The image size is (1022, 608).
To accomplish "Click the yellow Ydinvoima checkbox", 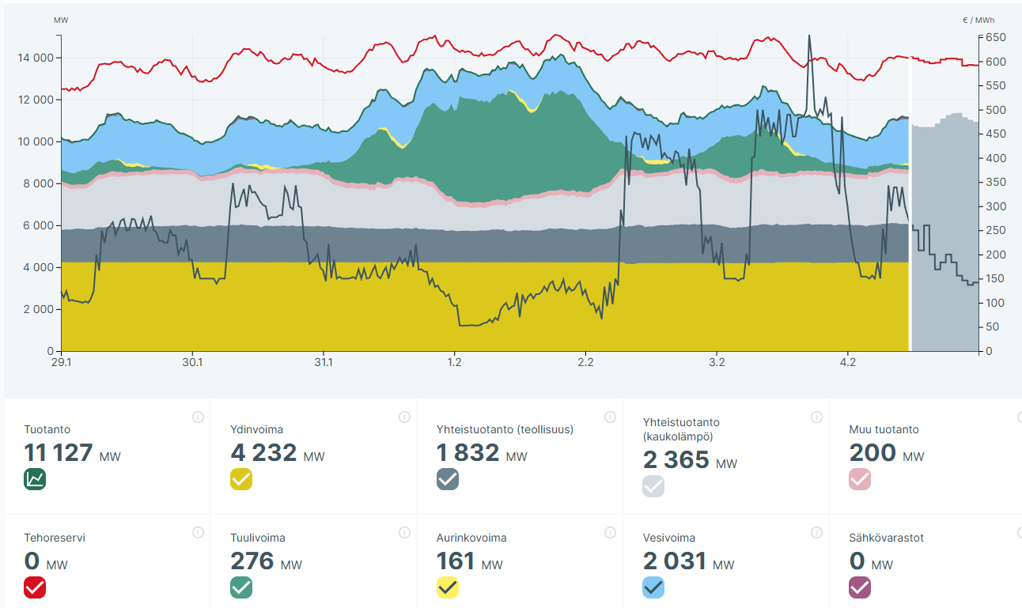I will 241,479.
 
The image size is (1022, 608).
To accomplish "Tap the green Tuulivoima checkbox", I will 241,587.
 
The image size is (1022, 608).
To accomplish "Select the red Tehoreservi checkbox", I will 35,587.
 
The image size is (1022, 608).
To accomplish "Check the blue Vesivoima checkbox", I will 653,587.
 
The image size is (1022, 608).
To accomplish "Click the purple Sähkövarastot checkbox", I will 860,587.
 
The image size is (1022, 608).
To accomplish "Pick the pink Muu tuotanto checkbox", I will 860,479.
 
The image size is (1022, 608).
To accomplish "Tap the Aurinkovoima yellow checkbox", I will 448,587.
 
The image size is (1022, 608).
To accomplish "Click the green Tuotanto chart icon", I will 35,479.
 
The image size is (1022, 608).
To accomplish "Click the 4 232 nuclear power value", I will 264,453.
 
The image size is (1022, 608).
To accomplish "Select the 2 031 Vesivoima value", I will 675,561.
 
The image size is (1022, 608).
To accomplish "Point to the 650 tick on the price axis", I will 994,37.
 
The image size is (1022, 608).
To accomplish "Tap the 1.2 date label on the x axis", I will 454,363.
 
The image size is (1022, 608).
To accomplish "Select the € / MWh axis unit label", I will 978,21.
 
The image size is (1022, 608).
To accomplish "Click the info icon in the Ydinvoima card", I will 404,417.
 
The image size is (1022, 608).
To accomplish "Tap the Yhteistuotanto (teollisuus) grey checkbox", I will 448,479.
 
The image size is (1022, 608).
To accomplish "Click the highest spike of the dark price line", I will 809,36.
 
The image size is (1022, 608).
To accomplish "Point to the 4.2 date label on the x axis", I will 848,363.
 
